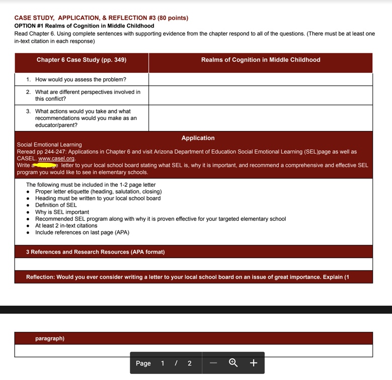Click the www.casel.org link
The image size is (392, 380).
[x=56, y=159]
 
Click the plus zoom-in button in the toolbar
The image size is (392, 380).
[x=253, y=363]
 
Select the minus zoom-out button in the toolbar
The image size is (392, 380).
[x=213, y=363]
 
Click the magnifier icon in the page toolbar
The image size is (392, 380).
[x=233, y=363]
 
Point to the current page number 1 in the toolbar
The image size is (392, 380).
[x=163, y=363]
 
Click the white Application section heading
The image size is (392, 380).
[x=198, y=138]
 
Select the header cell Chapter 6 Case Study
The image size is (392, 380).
[x=82, y=60]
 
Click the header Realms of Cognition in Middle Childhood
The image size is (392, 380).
[x=260, y=60]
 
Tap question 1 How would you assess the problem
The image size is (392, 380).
[x=81, y=79]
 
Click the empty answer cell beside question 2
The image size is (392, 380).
[x=260, y=95]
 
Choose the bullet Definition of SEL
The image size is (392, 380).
[x=56, y=205]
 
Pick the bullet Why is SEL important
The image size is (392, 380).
[x=62, y=212]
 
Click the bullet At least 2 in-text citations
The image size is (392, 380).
[x=66, y=225]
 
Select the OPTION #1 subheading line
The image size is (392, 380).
[x=84, y=26]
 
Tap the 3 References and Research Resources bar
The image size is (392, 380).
[x=95, y=251]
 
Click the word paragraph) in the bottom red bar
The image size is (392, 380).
[x=50, y=338]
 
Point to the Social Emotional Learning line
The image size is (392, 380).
[x=49, y=145]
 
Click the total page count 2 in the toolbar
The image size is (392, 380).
[x=189, y=363]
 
